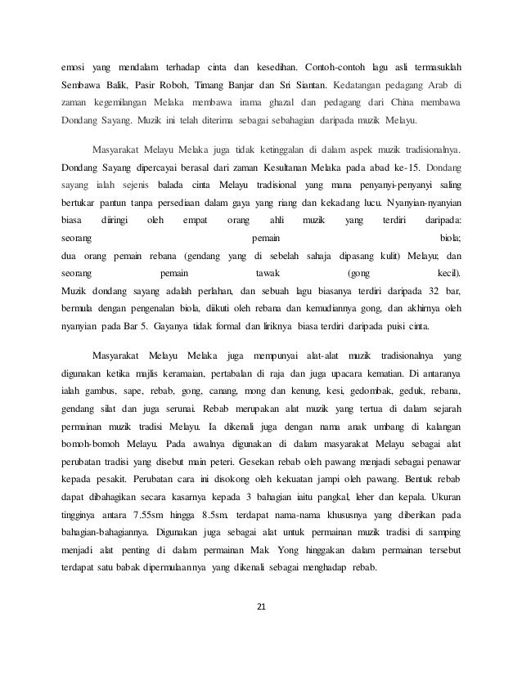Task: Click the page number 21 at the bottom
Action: click(261, 606)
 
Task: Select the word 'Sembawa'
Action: click(81, 85)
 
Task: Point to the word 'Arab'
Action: click(440, 85)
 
